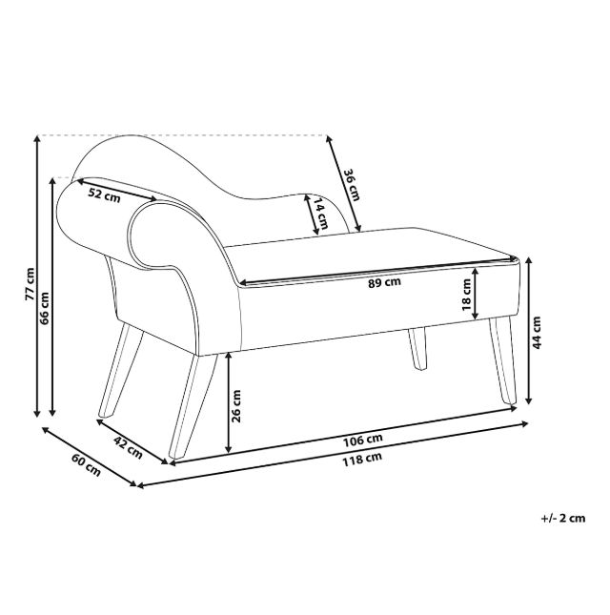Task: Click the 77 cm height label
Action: click(30, 284)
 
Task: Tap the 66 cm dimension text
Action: click(45, 308)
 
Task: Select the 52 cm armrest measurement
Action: click(104, 195)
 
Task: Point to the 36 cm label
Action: click(352, 185)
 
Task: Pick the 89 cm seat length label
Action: click(384, 282)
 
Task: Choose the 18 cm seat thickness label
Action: click(466, 295)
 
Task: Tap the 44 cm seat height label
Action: click(537, 333)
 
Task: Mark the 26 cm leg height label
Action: click(236, 406)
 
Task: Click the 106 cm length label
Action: click(362, 441)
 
